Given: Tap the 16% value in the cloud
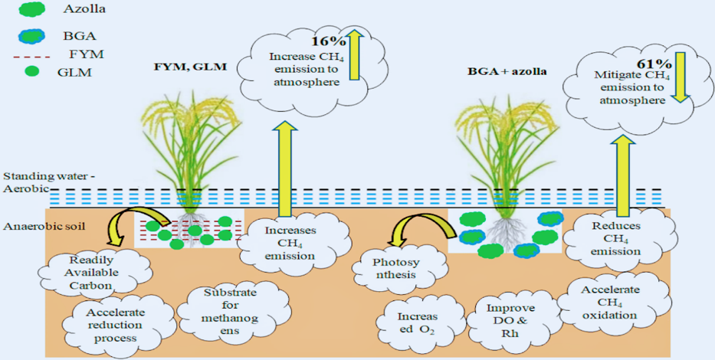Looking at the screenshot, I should pos(325,41).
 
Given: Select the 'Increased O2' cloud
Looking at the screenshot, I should pos(418,322).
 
